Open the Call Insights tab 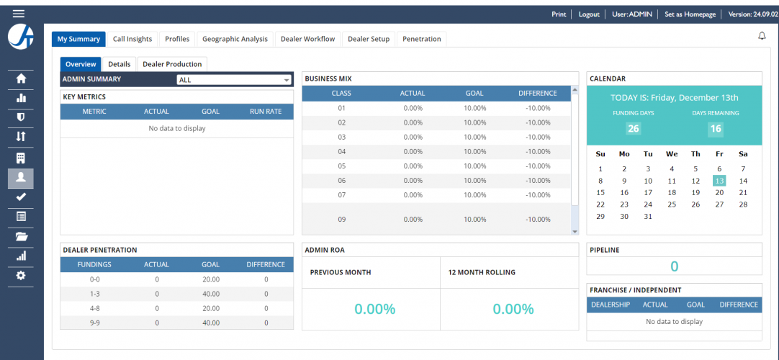pyautogui.click(x=132, y=39)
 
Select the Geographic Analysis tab pyautogui.click(x=235, y=39)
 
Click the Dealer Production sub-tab pyautogui.click(x=172, y=64)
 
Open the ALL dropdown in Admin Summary pyautogui.click(x=234, y=80)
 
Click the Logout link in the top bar pyautogui.click(x=589, y=14)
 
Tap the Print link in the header pyautogui.click(x=559, y=14)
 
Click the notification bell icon pyautogui.click(x=762, y=36)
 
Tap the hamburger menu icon pyautogui.click(x=19, y=14)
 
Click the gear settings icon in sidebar pyautogui.click(x=21, y=275)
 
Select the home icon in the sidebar pyautogui.click(x=21, y=78)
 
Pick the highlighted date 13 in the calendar pyautogui.click(x=719, y=181)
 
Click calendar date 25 pyautogui.click(x=672, y=204)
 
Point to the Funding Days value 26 pyautogui.click(x=633, y=129)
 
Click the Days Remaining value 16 pyautogui.click(x=715, y=129)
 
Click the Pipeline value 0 pyautogui.click(x=674, y=267)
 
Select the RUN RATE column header pyautogui.click(x=266, y=112)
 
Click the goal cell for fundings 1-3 pyautogui.click(x=211, y=294)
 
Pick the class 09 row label pyautogui.click(x=341, y=219)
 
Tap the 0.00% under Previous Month pyautogui.click(x=374, y=309)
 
